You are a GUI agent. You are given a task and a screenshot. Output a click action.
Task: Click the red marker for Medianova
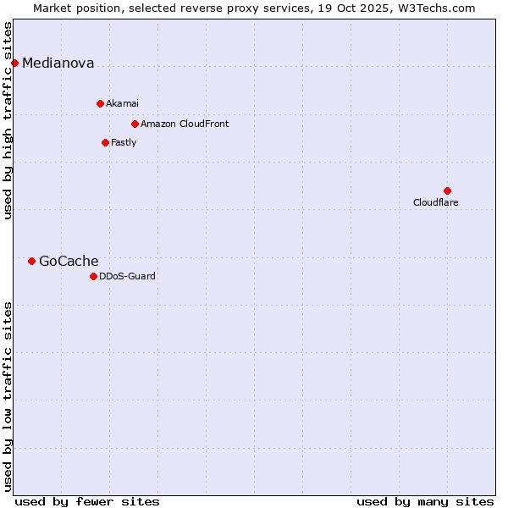click(x=14, y=63)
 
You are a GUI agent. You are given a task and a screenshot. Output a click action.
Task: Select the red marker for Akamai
click(x=100, y=103)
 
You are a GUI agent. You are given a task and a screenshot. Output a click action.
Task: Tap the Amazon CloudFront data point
click(x=135, y=124)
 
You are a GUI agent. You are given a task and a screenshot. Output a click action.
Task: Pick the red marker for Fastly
click(x=105, y=142)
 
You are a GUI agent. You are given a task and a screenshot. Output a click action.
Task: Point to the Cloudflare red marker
click(x=447, y=190)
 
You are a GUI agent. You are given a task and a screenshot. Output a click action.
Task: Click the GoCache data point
click(x=31, y=261)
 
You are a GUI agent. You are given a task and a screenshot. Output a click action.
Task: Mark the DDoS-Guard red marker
click(x=93, y=276)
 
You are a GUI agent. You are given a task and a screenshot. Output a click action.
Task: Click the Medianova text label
click(x=58, y=63)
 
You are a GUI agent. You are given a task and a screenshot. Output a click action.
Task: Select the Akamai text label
click(x=122, y=103)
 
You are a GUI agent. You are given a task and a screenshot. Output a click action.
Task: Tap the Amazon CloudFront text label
click(x=185, y=124)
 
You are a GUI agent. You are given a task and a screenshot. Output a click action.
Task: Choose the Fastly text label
click(x=124, y=142)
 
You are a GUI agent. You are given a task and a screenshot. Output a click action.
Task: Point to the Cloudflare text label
click(x=435, y=202)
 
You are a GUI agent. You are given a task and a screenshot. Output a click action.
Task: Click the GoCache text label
click(x=69, y=261)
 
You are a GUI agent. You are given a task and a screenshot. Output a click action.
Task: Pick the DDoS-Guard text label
click(x=127, y=276)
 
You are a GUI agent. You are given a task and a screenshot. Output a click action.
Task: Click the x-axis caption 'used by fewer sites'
click(x=87, y=501)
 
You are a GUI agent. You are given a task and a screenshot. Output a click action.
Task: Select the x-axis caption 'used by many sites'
click(x=425, y=501)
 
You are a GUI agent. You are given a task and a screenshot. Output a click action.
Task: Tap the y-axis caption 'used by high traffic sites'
click(x=8, y=120)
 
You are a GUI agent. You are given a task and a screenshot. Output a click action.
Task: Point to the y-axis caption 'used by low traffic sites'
click(x=8, y=395)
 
